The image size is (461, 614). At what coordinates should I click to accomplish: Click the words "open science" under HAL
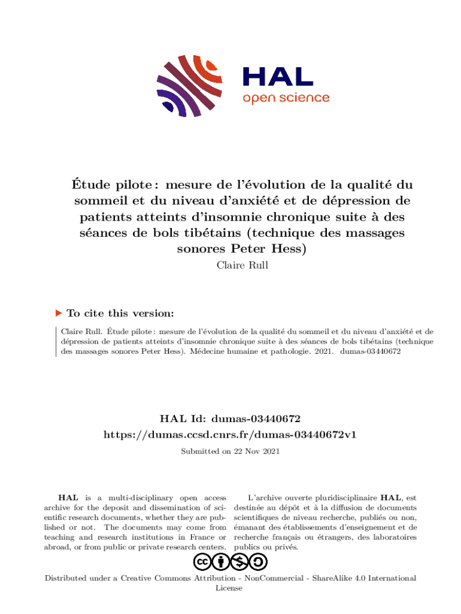point(286,98)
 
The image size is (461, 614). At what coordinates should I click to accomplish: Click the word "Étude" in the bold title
point(88,185)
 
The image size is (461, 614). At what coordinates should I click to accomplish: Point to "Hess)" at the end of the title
point(286,249)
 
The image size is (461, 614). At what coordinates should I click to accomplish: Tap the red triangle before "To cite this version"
point(59,313)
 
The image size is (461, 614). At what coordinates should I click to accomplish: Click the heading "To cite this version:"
point(120,313)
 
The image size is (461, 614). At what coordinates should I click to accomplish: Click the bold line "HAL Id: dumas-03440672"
point(230,419)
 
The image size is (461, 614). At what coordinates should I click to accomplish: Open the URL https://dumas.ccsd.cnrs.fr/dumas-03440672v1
point(230,434)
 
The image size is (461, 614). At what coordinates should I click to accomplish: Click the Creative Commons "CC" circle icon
point(203,562)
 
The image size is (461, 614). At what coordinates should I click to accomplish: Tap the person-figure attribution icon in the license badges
point(222,562)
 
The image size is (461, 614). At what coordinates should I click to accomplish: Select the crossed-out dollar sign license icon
point(240,562)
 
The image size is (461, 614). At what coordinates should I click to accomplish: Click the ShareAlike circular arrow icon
point(258,562)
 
